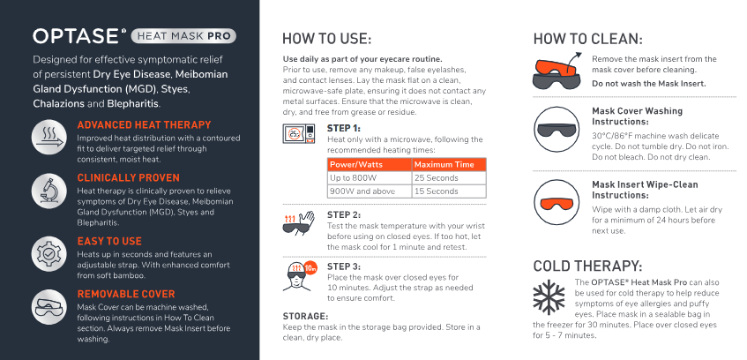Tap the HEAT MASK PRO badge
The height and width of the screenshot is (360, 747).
coord(183,36)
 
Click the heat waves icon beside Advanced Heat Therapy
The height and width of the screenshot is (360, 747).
coord(49,137)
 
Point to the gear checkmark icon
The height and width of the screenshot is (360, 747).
coord(49,254)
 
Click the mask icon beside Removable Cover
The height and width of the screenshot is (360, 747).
coord(49,307)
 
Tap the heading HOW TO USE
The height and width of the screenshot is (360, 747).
coord(326,39)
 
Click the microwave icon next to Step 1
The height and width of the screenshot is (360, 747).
coord(299,133)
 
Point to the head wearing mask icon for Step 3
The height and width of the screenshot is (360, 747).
coord(299,275)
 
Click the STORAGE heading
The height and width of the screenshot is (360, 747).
coord(305,316)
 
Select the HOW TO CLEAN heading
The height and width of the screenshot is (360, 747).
coord(588,39)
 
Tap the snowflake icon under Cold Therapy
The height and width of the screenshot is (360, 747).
coord(549,296)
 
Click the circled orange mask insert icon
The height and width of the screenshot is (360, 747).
coord(556,202)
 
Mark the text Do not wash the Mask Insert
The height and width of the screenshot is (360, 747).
coord(649,84)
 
